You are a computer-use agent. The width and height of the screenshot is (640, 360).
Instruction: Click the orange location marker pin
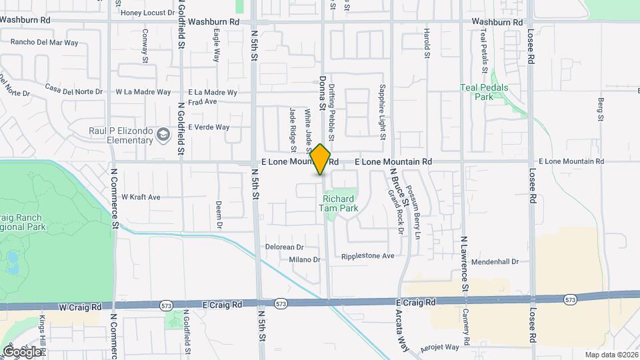(x=321, y=159)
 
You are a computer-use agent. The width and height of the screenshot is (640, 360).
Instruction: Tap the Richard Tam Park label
(x=340, y=203)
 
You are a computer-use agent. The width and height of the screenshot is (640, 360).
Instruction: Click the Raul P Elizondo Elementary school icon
(x=163, y=136)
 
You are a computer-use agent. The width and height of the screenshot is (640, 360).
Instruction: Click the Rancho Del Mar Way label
(x=44, y=43)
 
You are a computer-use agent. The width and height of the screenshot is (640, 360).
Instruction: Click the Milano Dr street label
(x=305, y=259)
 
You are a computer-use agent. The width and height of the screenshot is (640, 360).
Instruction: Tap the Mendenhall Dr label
(x=495, y=262)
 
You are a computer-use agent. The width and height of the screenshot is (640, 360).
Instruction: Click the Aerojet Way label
(x=439, y=347)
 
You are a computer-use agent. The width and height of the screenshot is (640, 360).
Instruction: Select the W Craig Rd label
(x=80, y=307)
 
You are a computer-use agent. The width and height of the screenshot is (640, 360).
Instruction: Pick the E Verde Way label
(x=209, y=127)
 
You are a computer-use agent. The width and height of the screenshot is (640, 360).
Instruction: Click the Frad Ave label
(x=203, y=102)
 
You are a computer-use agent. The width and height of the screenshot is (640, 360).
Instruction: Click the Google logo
(x=22, y=351)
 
